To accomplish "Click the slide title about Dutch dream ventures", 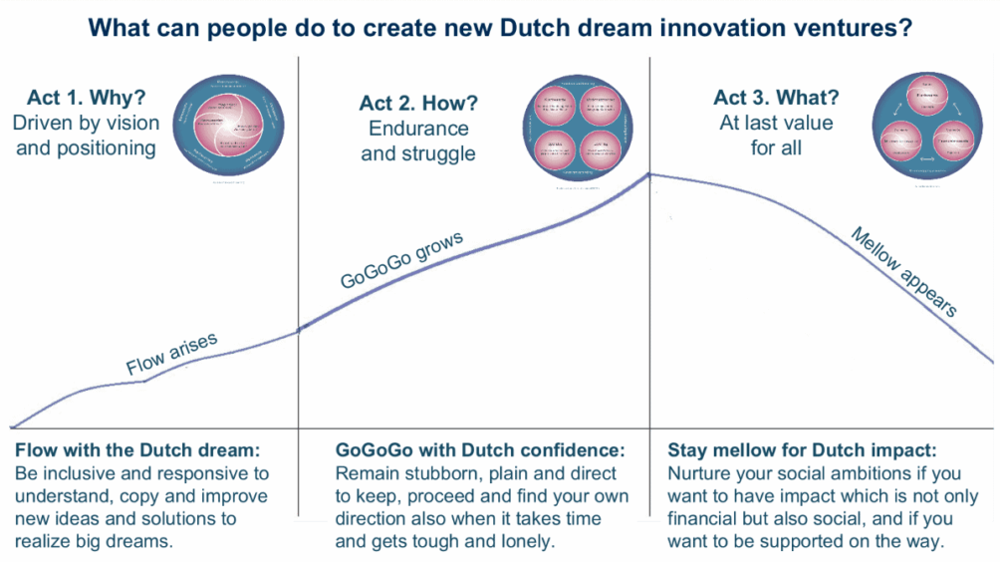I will pos(500,28).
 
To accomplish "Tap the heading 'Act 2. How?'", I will pos(418,104).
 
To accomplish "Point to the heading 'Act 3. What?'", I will pos(776,99).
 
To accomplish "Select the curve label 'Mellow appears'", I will pos(904,271).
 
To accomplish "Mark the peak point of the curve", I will pos(649,174).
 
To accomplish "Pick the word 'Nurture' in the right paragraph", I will pos(700,472).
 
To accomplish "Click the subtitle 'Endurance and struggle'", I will pos(418,140).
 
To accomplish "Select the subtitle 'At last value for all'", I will pos(776,136).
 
